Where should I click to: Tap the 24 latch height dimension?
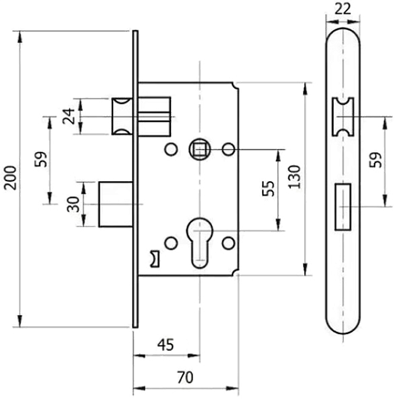(70, 116)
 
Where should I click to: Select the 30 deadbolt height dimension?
(73, 203)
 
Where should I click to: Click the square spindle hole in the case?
(199, 149)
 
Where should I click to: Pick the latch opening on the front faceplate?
(343, 116)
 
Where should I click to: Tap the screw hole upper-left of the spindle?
(169, 149)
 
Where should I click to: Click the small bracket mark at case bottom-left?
(153, 257)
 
